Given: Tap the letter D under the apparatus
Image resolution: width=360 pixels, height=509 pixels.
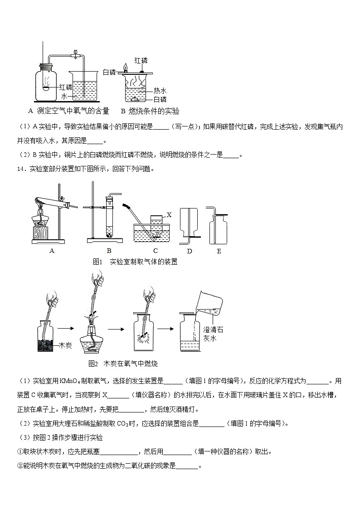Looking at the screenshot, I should [x=190, y=251].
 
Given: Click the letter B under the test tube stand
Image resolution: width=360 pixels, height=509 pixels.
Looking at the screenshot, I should [x=109, y=251].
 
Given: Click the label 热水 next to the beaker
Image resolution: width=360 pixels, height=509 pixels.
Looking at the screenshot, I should [x=160, y=91].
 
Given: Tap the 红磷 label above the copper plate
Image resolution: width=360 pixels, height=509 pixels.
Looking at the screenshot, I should [x=141, y=60].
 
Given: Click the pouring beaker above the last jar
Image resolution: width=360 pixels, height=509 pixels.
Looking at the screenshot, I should [x=210, y=303].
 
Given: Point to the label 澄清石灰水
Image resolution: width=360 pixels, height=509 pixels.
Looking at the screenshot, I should [x=213, y=334].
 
